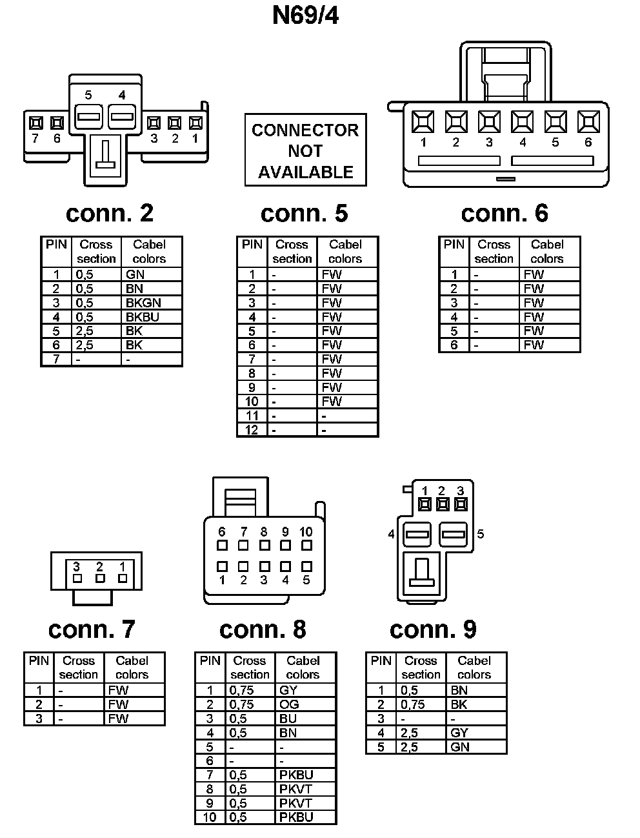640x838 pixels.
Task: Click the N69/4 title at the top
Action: point(305,15)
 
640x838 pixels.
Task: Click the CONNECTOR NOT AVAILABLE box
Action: point(305,150)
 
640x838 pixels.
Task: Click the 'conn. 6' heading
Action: point(505,213)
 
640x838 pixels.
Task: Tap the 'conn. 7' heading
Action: point(92,629)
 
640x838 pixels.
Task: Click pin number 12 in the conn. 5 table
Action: point(252,429)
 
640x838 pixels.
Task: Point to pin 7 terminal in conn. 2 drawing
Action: point(35,123)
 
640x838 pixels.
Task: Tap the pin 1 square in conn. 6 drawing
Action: point(423,121)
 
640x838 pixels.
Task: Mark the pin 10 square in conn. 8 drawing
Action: point(306,546)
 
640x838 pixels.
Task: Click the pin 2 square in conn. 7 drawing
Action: point(99,578)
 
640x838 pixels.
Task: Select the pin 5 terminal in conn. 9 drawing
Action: point(454,535)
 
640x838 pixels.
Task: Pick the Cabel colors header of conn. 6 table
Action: point(546,251)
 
